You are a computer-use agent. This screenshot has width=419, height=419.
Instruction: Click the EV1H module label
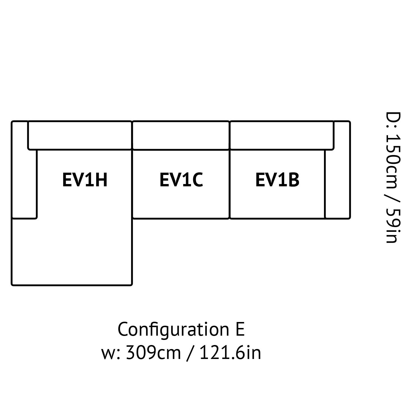pos(85,180)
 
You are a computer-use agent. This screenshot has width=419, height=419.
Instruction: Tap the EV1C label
pos(181,180)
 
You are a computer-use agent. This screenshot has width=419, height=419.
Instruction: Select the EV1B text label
pos(277,180)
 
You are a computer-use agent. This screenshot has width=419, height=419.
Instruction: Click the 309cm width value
pos(153,353)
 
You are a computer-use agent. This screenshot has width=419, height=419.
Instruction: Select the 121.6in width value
pos(230,353)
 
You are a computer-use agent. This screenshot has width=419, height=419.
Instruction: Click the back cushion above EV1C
pos(181,135)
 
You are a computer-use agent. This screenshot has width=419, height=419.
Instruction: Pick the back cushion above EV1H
pos(80,135)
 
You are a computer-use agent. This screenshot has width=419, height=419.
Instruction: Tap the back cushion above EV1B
pos(282,135)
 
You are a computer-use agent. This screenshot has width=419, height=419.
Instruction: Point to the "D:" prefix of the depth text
pos(393,120)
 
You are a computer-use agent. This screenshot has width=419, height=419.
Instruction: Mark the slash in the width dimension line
pos(190,354)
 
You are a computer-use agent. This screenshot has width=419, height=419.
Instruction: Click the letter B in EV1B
pos(294,180)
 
